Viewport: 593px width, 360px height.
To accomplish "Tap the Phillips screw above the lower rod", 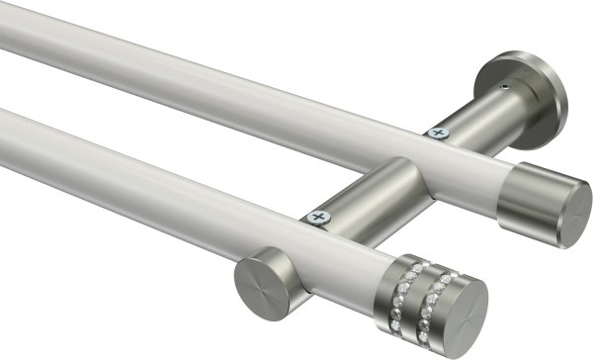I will point(317,215).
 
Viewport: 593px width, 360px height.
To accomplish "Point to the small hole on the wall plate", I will point(505,88).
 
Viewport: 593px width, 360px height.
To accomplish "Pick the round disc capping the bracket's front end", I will point(259,284).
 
